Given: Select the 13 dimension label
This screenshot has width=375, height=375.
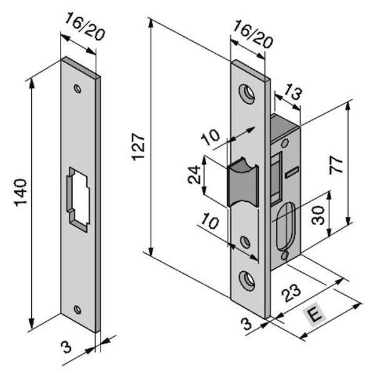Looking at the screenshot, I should (289, 94).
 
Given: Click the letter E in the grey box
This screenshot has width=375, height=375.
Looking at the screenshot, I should (316, 316).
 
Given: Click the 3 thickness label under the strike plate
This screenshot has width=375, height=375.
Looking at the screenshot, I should (66, 346).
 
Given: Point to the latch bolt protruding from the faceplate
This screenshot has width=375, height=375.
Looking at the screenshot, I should (241, 183).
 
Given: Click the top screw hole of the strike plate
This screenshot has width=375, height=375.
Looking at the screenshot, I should (77, 89).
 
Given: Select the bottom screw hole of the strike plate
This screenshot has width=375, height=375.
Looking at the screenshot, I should (77, 309).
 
